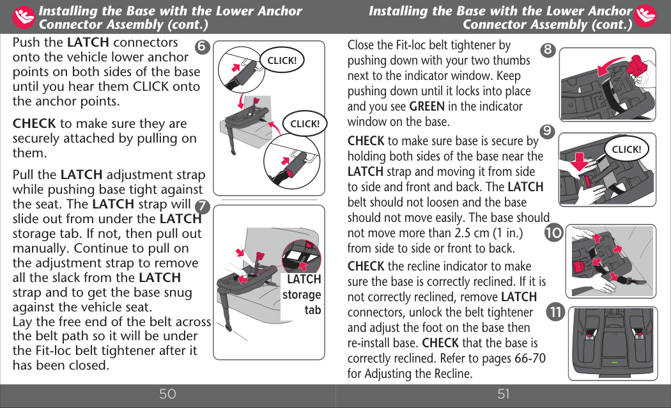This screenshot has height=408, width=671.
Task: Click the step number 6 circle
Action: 202,47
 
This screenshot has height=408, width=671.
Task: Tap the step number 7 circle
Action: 203,207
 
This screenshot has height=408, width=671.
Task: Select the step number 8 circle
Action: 548,50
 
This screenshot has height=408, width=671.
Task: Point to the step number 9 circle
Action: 547,131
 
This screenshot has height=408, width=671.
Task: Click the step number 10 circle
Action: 553,233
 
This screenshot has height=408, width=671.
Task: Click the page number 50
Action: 167,394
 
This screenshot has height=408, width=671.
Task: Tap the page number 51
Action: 504,394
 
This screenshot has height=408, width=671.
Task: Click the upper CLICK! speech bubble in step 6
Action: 281,61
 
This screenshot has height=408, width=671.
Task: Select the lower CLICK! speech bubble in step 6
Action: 305,123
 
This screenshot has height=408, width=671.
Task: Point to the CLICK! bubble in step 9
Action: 626,150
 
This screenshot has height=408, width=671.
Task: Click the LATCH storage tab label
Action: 303,295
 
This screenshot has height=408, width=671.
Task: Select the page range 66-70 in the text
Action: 530,358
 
